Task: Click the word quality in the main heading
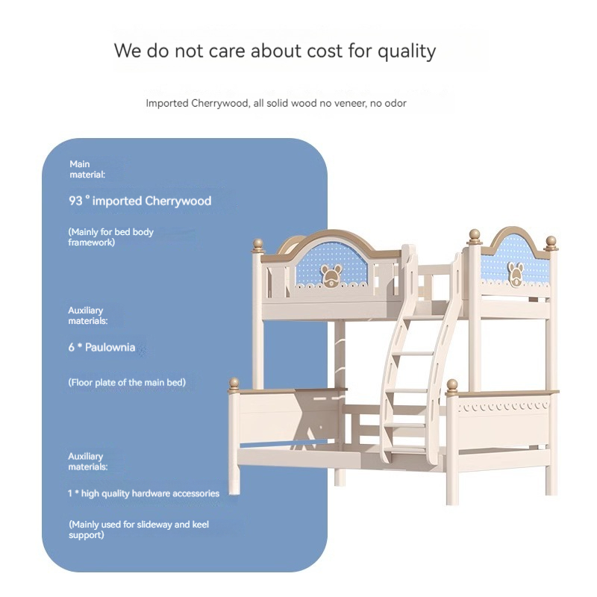click(406, 51)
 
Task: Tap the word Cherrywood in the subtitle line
click(220, 103)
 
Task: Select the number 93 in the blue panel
click(75, 201)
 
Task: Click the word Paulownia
click(110, 347)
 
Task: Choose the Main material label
click(87, 169)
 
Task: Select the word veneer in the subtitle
click(348, 103)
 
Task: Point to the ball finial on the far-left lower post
click(234, 384)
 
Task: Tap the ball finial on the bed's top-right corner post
click(551, 242)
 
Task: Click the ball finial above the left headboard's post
click(258, 244)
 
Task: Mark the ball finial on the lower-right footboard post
click(452, 385)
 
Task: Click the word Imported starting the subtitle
click(167, 103)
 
